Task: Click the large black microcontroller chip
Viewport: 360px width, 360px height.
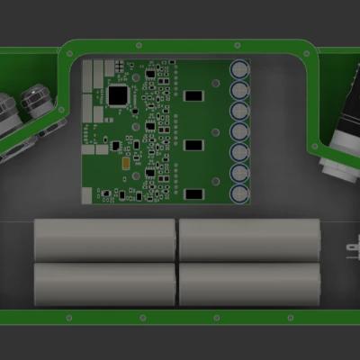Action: tap(118, 94)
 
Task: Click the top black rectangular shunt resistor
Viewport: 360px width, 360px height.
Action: tap(194, 94)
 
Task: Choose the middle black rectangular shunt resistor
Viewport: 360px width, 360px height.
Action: tap(194, 144)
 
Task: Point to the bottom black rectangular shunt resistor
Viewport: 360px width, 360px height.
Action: tap(194, 193)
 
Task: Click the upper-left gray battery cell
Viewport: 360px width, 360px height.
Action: tap(103, 240)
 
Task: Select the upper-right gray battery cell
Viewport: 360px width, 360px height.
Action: tap(250, 240)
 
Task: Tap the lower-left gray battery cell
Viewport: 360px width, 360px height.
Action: tap(103, 283)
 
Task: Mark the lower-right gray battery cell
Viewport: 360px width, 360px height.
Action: tap(250, 283)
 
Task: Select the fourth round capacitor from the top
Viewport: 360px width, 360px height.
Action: tap(240, 131)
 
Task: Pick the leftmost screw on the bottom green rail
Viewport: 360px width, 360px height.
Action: tap(68, 317)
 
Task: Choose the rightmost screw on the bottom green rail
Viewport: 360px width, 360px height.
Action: tap(291, 317)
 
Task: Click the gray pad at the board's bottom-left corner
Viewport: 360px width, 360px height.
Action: tap(87, 195)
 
